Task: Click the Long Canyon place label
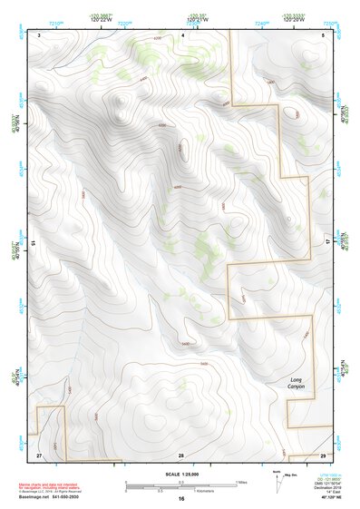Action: pos(297,383)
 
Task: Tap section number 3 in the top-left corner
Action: pos(40,34)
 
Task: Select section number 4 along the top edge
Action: pos(182,34)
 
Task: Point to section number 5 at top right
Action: pos(324,34)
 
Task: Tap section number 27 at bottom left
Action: pos(39,454)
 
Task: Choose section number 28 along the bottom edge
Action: pos(180,454)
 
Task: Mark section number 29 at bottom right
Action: pos(323,454)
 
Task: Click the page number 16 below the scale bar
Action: pos(180,499)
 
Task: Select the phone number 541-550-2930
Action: pos(70,496)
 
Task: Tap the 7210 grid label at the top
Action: pos(56,22)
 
